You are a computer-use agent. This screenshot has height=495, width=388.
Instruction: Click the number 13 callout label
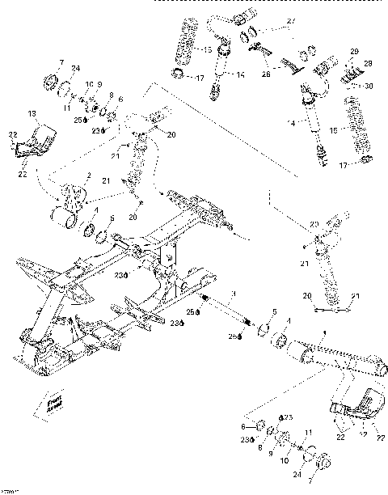33,112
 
